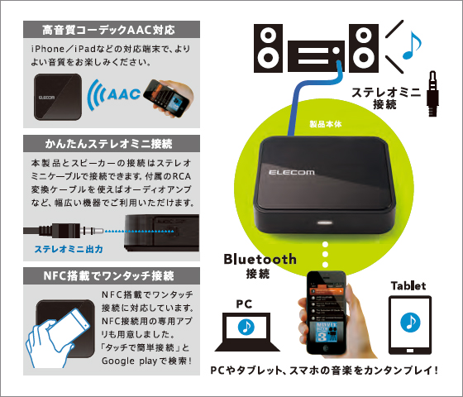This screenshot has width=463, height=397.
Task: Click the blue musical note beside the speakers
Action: pyautogui.click(x=412, y=45)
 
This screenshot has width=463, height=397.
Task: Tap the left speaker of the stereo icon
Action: pyautogui.click(x=268, y=48)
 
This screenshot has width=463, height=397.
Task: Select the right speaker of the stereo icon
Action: pyautogui.click(x=364, y=48)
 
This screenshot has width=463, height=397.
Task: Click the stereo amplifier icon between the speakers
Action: pyautogui.click(x=316, y=56)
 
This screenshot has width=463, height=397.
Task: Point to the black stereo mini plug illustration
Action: pyautogui.click(x=432, y=93)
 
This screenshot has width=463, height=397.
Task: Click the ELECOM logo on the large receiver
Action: pyautogui.click(x=291, y=172)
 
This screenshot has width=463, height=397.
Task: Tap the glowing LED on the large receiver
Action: pyautogui.click(x=325, y=222)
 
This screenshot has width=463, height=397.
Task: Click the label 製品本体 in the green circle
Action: pyautogui.click(x=326, y=124)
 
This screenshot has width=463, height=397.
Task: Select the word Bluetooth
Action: pyautogui.click(x=260, y=259)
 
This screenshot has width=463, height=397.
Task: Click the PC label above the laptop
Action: pyautogui.click(x=244, y=304)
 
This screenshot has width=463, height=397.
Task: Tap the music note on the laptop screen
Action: pyautogui.click(x=246, y=327)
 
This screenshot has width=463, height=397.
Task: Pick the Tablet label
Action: pyautogui.click(x=408, y=286)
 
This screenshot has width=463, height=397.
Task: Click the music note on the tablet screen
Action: pyautogui.click(x=410, y=322)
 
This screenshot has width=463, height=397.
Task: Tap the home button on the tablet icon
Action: pyautogui.click(x=410, y=351)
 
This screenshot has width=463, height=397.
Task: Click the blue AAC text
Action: pyautogui.click(x=124, y=94)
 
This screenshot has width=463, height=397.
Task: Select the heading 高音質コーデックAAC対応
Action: pyautogui.click(x=108, y=30)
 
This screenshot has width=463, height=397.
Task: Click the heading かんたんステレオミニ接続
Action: pyautogui.click(x=108, y=144)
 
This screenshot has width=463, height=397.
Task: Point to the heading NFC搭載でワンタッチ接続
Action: pyautogui.click(x=108, y=276)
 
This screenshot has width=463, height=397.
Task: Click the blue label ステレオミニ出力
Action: pyautogui.click(x=69, y=249)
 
